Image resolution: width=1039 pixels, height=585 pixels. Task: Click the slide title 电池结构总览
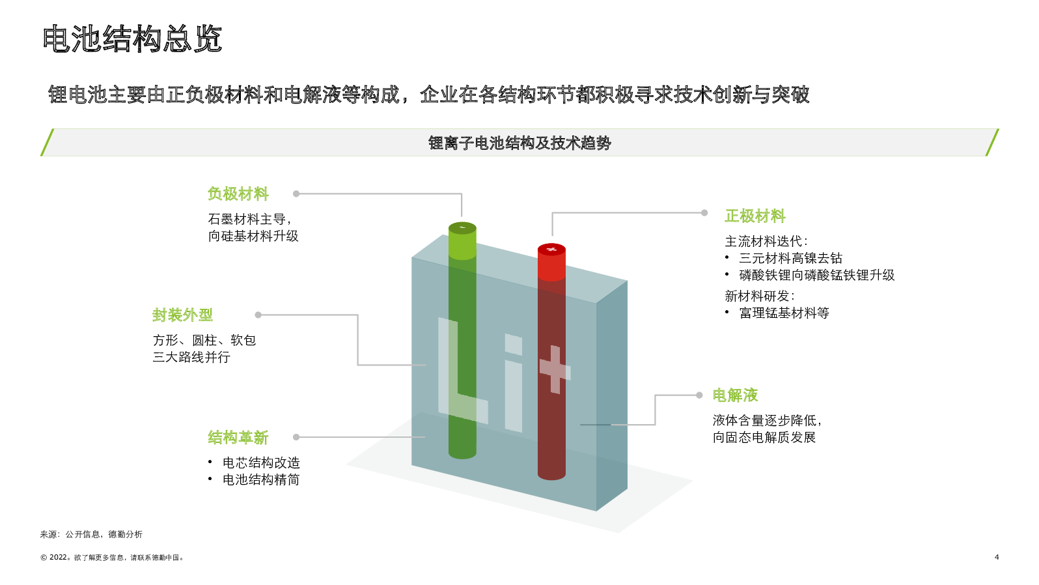(x=132, y=38)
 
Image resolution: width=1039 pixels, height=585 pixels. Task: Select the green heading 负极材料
(x=238, y=193)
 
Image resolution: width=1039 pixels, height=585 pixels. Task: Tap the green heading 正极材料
(x=755, y=216)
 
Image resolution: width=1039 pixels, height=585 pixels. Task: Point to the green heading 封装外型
(x=182, y=315)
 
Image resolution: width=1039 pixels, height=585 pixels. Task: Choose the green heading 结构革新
(x=238, y=437)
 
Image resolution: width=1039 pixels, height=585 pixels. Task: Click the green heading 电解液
(x=735, y=395)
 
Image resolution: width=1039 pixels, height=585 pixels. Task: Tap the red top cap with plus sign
(x=551, y=250)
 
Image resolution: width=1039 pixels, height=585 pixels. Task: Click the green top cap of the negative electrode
(x=462, y=228)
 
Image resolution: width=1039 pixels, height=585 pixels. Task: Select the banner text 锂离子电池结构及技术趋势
(x=519, y=143)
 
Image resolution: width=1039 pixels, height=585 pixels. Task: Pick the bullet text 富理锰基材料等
(x=784, y=313)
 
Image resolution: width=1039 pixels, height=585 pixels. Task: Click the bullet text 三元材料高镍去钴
(x=790, y=258)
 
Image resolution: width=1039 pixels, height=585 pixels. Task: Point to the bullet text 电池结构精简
(x=261, y=479)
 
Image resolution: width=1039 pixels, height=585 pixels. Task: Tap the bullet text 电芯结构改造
(x=261, y=463)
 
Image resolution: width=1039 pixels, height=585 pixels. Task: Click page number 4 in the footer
(x=997, y=557)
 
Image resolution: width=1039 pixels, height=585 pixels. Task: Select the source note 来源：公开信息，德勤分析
(x=91, y=534)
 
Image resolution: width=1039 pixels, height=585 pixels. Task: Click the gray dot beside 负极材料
(x=296, y=193)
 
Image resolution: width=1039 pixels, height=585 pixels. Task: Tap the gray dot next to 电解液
(x=699, y=395)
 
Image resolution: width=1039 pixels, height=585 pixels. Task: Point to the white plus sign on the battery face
(x=555, y=369)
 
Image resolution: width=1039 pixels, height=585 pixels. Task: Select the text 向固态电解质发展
(x=764, y=437)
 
